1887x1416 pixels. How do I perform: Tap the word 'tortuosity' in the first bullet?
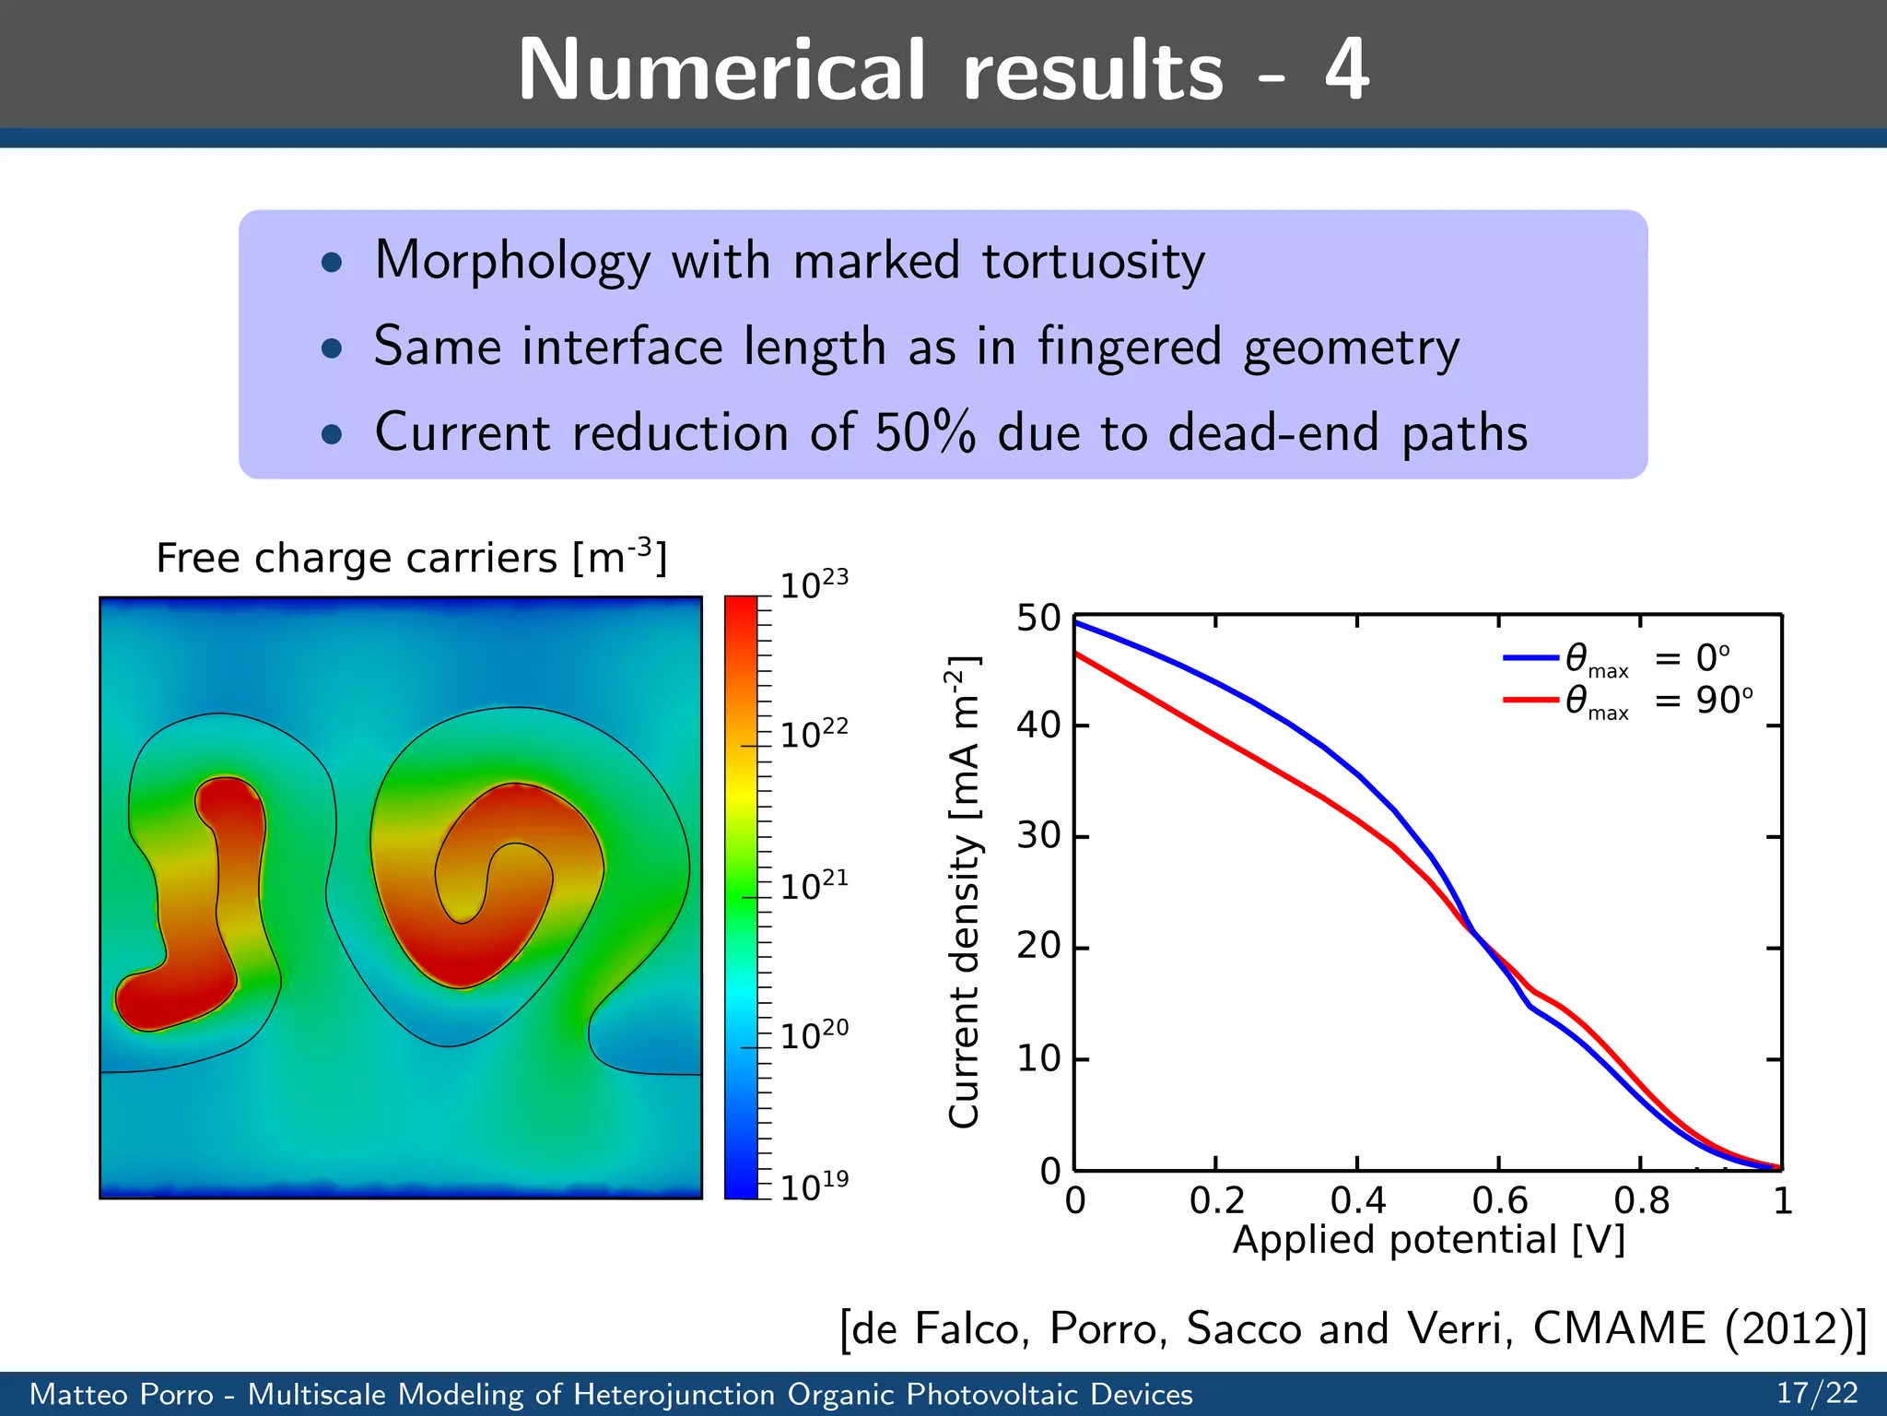pos(1093,262)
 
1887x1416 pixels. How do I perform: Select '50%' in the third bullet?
pos(924,432)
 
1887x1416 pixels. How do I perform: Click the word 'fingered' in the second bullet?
pos(1130,348)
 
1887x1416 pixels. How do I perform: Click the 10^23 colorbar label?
pos(814,584)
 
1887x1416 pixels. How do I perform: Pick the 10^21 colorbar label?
pos(814,885)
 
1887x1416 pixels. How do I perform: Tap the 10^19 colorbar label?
pos(814,1186)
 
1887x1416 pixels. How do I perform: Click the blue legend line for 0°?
pos(1530,657)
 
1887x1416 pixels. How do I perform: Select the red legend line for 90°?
pos(1530,701)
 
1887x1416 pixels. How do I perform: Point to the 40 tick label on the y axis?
pos(1038,726)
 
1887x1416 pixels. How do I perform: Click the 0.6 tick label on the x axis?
pos(1499,1200)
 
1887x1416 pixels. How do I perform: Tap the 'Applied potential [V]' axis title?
pos(1428,1240)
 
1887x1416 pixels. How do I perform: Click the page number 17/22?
pos(1817,1393)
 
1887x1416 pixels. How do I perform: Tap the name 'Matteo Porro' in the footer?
pos(122,1394)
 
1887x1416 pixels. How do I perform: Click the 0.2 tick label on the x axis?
pos(1216,1200)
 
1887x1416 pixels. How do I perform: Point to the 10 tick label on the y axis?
pos(1038,1059)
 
